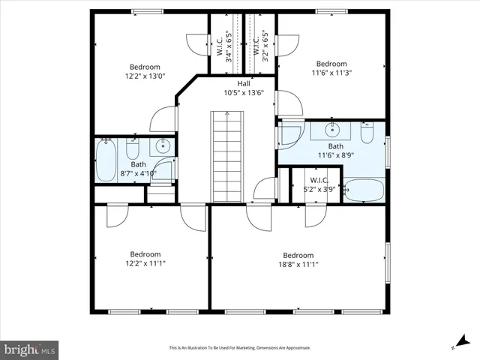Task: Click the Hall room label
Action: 244,83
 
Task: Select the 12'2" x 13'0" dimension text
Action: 145,76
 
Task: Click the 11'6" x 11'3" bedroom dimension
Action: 331,73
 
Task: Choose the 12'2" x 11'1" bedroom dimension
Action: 145,264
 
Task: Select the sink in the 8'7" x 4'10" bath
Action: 162,147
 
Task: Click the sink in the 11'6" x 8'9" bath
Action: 331,130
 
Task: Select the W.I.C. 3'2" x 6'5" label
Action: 262,46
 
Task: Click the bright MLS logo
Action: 29,349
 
